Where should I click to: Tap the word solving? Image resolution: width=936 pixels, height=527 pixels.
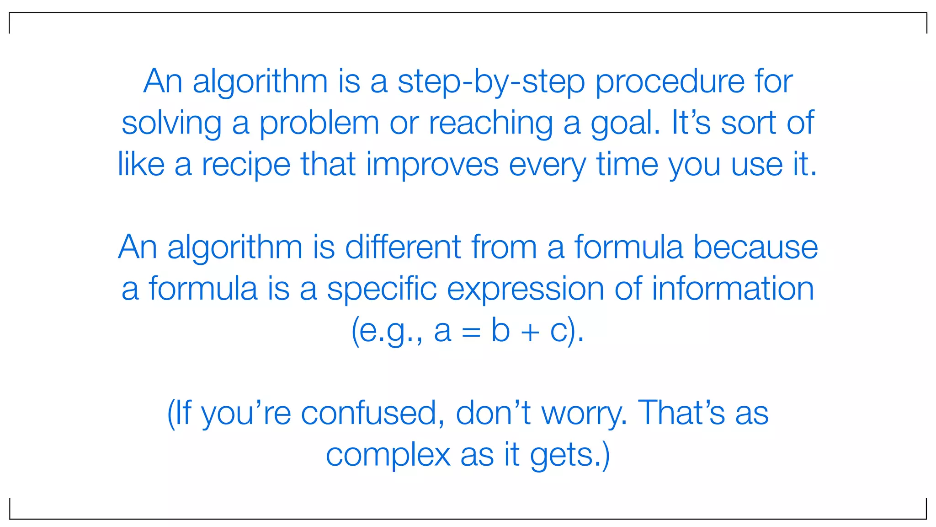[x=171, y=124]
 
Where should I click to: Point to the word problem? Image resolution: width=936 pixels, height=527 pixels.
[x=319, y=124]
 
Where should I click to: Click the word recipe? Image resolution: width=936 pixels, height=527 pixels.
[x=246, y=165]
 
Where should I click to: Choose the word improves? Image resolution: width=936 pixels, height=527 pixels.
[x=432, y=165]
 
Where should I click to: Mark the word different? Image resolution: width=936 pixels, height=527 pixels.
[x=403, y=247]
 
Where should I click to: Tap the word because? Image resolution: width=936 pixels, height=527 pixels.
[x=755, y=247]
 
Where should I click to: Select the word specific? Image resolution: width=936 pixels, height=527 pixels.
[x=382, y=289]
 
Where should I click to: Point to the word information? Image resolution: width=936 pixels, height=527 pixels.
[x=733, y=289]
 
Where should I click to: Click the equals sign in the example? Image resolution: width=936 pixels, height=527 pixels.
[x=471, y=332]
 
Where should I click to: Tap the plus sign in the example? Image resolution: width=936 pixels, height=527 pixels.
[x=530, y=332]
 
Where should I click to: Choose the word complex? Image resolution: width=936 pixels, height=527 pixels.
[x=388, y=456]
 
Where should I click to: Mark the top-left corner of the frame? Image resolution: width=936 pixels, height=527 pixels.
[x=10, y=13]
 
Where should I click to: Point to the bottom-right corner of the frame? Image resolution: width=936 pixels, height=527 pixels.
[x=926, y=519]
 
